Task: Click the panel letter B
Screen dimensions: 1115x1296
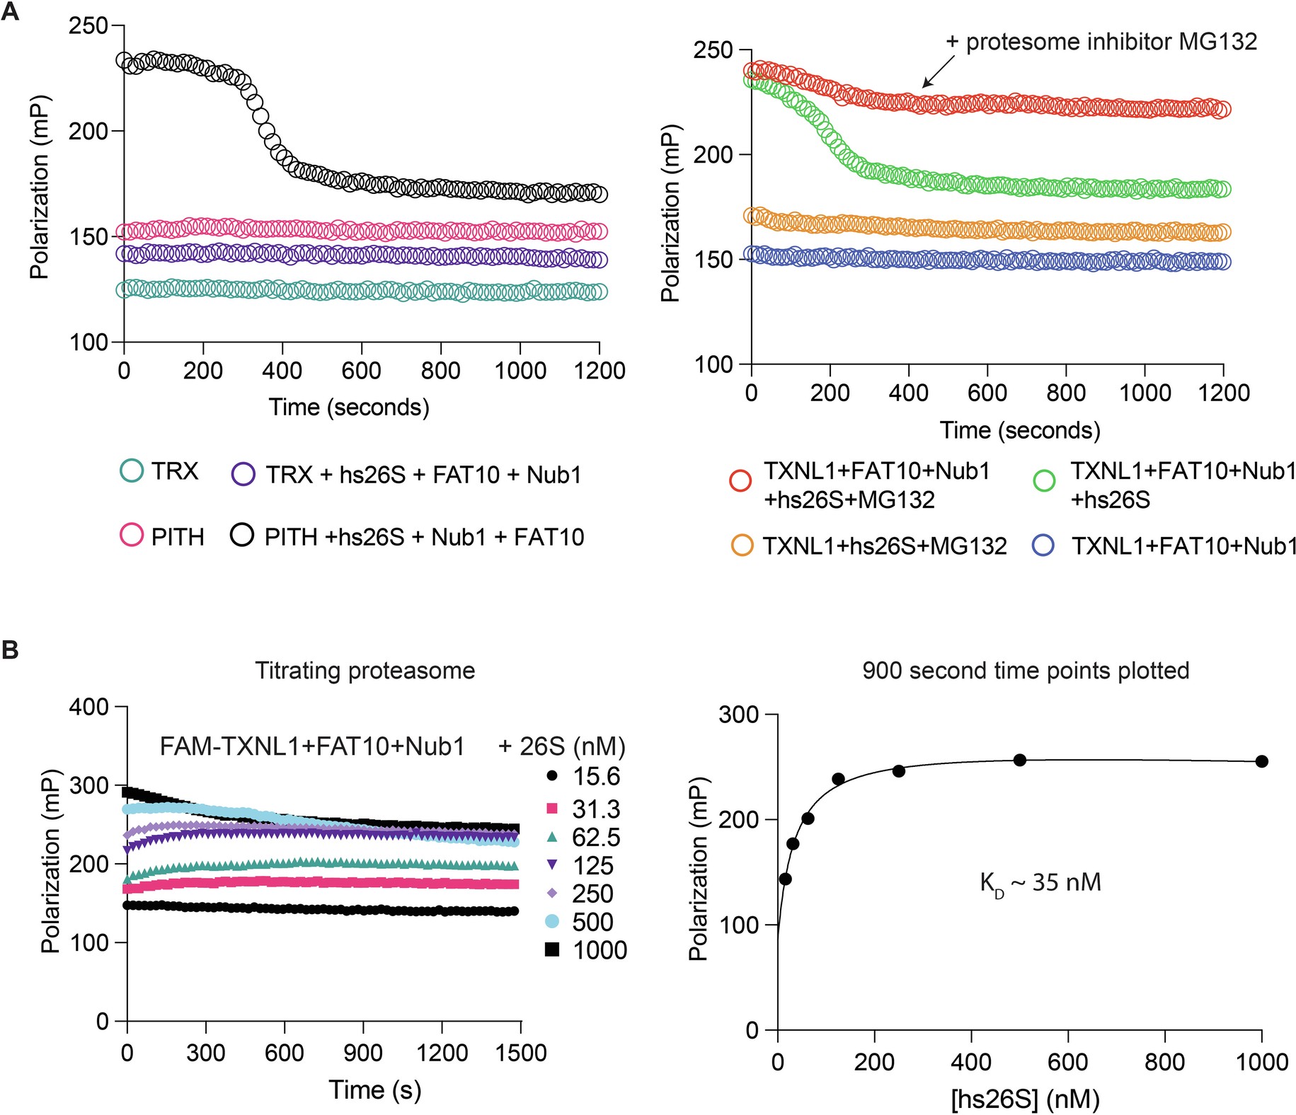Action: (10, 649)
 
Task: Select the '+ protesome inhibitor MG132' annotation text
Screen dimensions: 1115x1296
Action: (1101, 42)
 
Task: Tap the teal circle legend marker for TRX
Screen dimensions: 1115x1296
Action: (132, 471)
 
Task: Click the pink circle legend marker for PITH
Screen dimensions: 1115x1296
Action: (132, 536)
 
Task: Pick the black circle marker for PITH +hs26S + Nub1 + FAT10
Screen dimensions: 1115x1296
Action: (242, 536)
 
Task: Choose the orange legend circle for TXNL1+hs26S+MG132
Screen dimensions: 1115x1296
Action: (742, 545)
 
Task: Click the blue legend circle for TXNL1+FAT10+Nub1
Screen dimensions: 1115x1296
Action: (1044, 545)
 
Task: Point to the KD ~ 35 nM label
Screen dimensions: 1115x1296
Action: (1040, 883)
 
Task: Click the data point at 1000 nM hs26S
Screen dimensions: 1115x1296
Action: (1261, 761)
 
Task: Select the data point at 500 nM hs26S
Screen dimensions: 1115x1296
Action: (1020, 760)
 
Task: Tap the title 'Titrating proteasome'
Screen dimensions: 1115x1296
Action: (365, 670)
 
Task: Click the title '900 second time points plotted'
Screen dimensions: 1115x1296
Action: (1025, 670)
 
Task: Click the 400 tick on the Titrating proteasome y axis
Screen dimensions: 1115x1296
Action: (88, 707)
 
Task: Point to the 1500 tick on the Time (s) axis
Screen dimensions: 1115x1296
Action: (521, 1053)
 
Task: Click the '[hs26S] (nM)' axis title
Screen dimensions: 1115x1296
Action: (1025, 1099)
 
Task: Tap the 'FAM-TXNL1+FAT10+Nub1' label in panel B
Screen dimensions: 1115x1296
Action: (312, 746)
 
